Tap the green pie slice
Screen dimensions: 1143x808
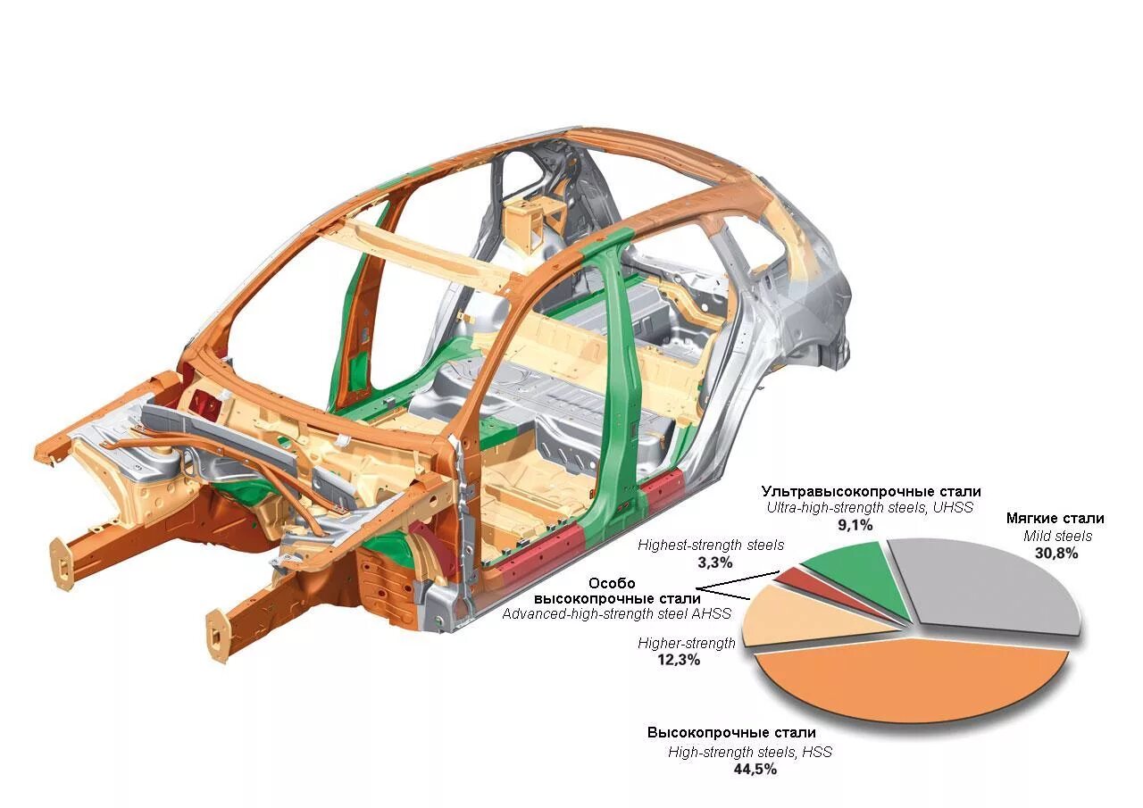[844, 571]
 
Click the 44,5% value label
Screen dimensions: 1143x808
[749, 769]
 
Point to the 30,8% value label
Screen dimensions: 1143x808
[1055, 554]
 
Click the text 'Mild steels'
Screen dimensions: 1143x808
[1057, 537]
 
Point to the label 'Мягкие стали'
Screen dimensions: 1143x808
[1055, 519]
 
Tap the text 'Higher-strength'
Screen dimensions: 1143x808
[687, 643]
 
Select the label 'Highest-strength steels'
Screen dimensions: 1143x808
[711, 545]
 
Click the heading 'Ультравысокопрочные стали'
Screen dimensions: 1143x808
[871, 491]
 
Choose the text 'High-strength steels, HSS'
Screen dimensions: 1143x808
[749, 752]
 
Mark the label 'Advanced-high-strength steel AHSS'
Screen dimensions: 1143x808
[616, 613]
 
